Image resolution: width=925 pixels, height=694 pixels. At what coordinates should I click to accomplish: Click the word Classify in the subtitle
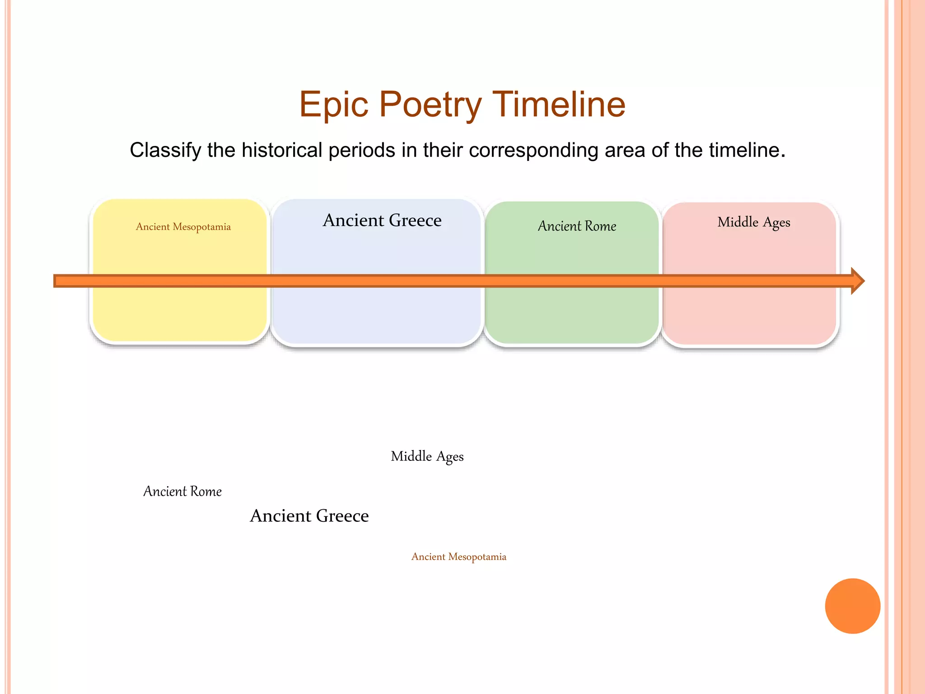coord(165,150)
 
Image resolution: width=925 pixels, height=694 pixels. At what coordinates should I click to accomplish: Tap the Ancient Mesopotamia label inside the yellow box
coord(183,227)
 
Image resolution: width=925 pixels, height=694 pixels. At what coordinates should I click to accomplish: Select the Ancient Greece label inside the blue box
coord(382,220)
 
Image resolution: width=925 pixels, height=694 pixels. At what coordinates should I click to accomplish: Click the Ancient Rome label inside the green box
coord(577,226)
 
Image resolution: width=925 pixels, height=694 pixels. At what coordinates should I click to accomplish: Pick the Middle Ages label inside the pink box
coord(754,222)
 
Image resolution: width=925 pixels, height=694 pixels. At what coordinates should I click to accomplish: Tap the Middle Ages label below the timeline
coord(427,456)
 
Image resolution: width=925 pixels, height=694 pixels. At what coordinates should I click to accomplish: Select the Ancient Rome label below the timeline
coord(182,491)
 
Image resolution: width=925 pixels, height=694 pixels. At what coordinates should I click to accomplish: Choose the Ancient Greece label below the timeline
coord(309,516)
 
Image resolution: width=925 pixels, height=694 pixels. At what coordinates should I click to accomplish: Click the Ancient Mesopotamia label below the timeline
coord(459,557)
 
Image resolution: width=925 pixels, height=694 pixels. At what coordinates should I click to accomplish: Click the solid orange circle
coord(852,606)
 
